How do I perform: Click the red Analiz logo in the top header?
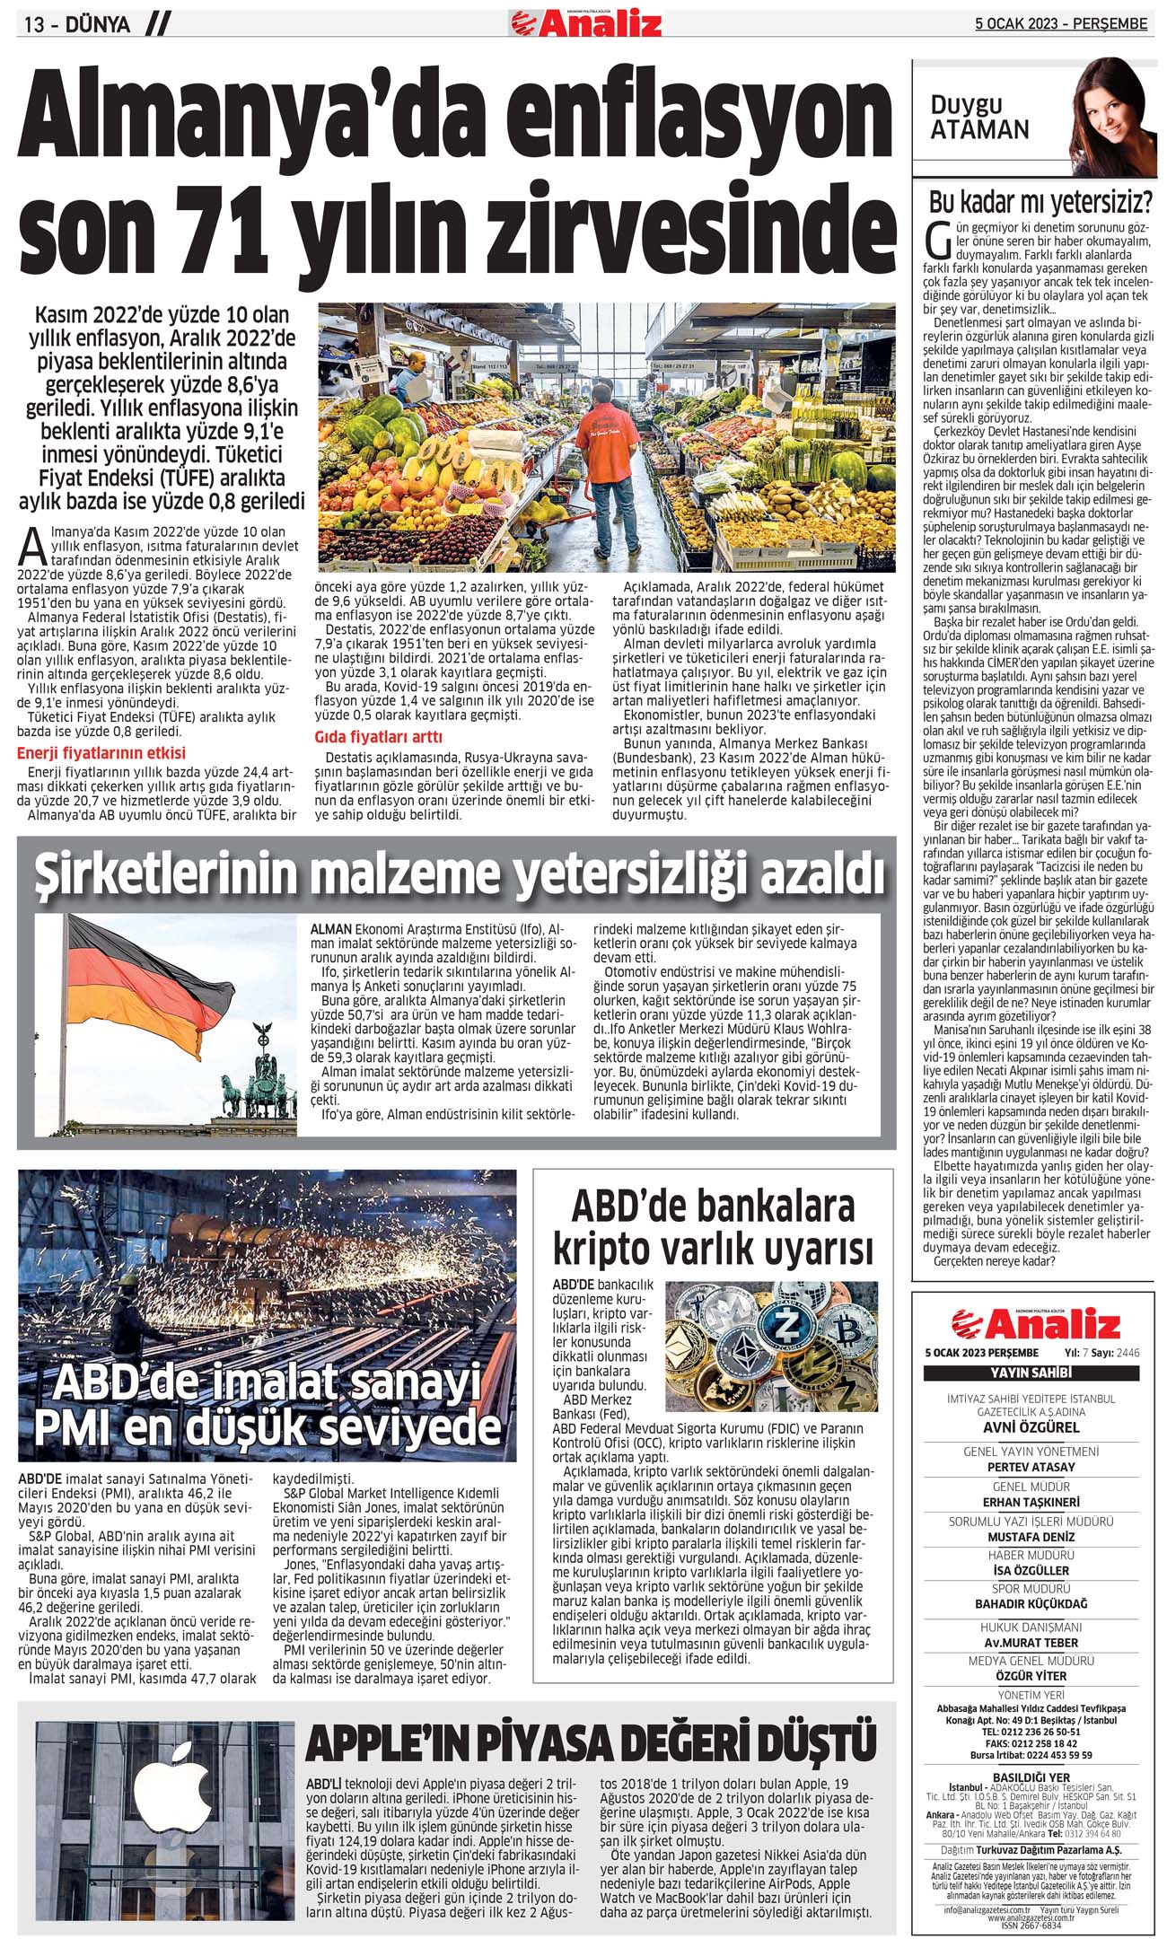(x=585, y=22)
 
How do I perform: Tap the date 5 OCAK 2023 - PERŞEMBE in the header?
(x=1061, y=24)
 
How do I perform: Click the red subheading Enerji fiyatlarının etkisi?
(x=101, y=752)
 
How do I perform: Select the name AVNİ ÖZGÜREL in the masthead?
(x=1031, y=1426)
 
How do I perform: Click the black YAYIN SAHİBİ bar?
(x=1031, y=1373)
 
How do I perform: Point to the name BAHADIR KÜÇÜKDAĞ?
(x=1031, y=1604)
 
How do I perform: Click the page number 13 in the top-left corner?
(x=34, y=25)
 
